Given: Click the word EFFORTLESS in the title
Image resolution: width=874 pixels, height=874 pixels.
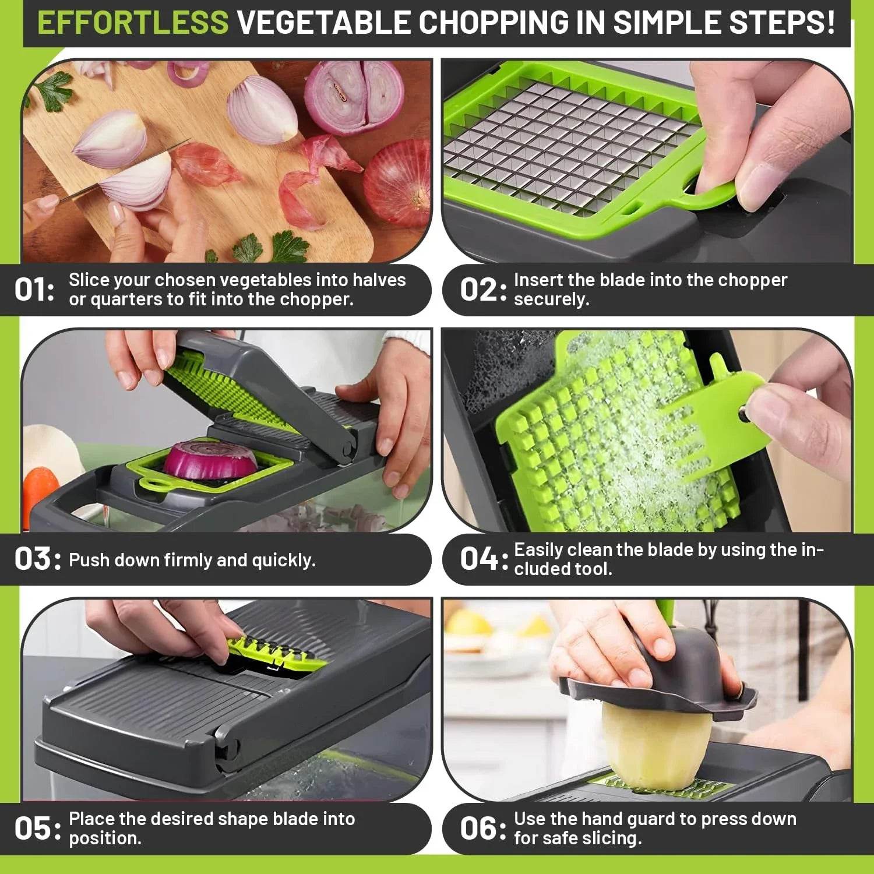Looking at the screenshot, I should [x=133, y=23].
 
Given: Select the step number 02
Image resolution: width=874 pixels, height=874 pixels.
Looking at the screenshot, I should [x=478, y=290].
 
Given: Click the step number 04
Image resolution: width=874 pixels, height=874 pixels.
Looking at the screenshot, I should [x=479, y=559].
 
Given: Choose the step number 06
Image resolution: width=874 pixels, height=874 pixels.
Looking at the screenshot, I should [x=479, y=829].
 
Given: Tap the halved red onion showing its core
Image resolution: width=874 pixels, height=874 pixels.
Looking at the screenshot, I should [x=354, y=96].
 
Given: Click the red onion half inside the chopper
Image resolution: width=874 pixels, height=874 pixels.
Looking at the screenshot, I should [x=211, y=459].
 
